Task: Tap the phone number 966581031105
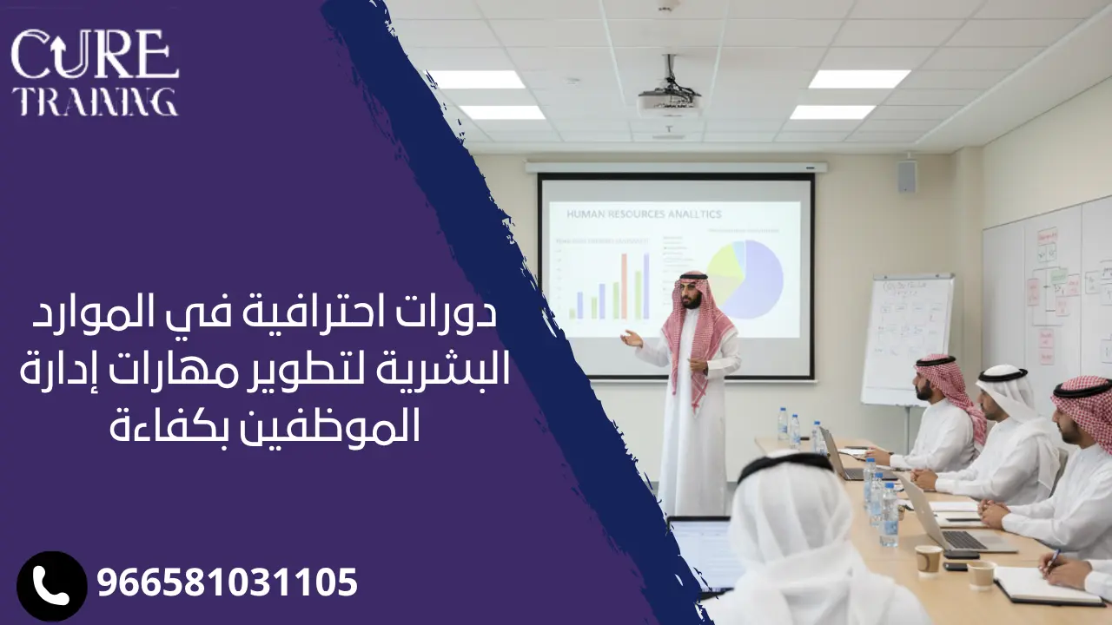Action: click(x=228, y=582)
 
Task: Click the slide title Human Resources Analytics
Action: click(x=644, y=214)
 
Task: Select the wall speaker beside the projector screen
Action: click(x=907, y=176)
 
